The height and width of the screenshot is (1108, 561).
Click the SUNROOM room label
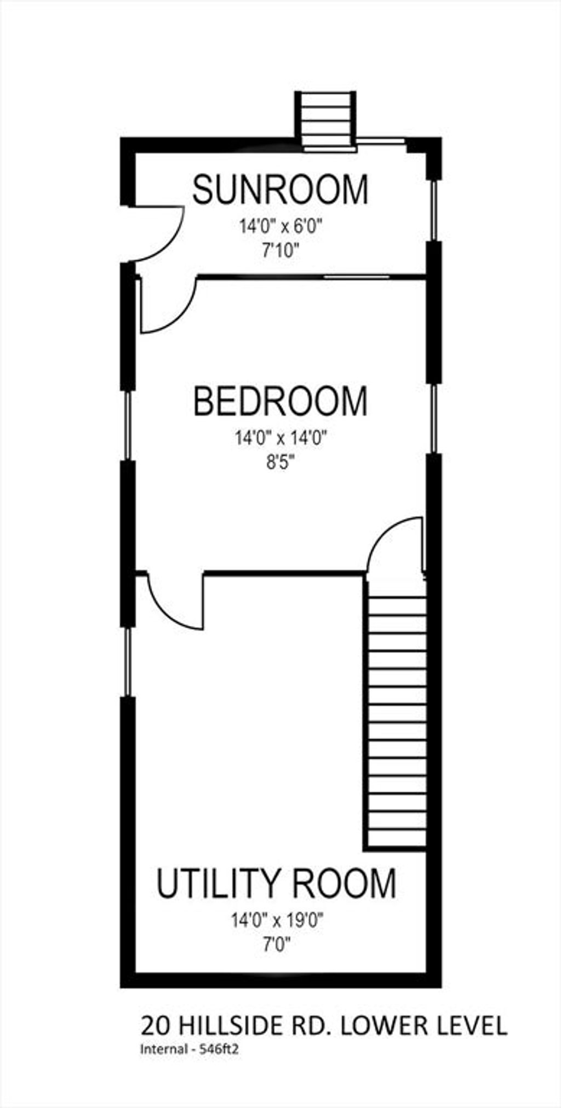[280, 190]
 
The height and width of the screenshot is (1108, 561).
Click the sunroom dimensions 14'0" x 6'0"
[280, 226]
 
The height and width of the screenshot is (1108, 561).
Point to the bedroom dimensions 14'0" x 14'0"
[280, 438]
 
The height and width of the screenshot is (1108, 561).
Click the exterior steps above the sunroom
[325, 119]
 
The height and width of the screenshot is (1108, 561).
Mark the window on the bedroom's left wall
[128, 425]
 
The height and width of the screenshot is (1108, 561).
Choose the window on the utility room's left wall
[128, 662]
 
